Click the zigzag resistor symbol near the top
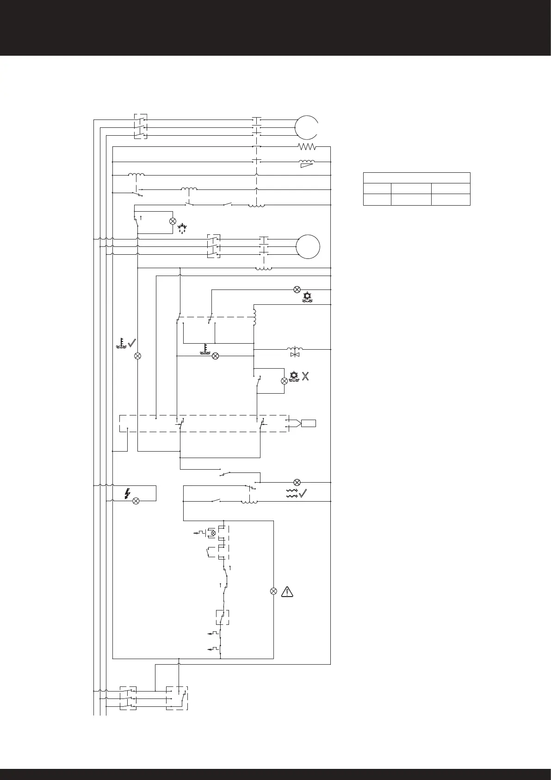click(x=306, y=147)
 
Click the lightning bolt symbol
click(x=127, y=494)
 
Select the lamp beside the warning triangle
click(x=273, y=591)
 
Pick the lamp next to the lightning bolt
click(x=136, y=501)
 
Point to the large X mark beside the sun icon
click(x=305, y=377)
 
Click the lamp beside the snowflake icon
click(x=173, y=221)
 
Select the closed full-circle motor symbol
click(x=308, y=246)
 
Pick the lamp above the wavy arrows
click(x=297, y=483)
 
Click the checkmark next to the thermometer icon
click(x=132, y=343)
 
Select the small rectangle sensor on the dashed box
click(x=309, y=423)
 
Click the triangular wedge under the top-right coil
click(x=307, y=165)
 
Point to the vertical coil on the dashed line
click(x=254, y=318)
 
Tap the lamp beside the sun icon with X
click(x=284, y=381)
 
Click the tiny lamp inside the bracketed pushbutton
click(x=213, y=533)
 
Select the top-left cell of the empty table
click(x=377, y=189)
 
